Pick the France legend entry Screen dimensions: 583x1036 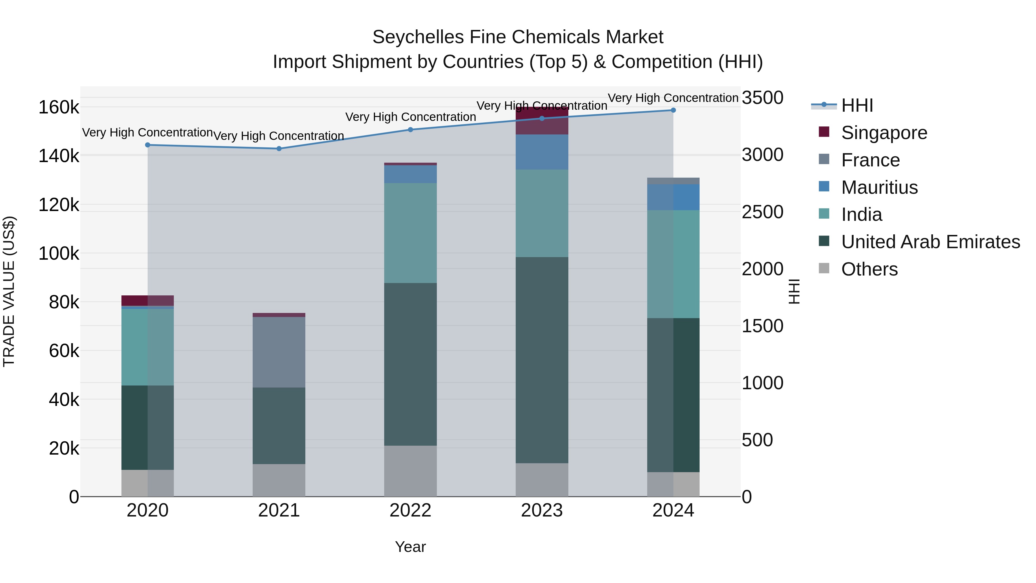pyautogui.click(x=870, y=160)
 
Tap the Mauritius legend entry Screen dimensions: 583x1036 pyautogui.click(x=879, y=187)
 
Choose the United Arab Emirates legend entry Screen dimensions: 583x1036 pyautogui.click(x=930, y=242)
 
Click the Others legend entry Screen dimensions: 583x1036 pyautogui.click(x=869, y=269)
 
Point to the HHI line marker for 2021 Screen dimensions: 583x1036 pyautogui.click(x=279, y=149)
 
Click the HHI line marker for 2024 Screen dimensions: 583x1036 pyautogui.click(x=673, y=110)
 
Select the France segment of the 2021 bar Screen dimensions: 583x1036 pyautogui.click(x=279, y=352)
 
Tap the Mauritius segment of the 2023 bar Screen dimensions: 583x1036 pyautogui.click(x=542, y=152)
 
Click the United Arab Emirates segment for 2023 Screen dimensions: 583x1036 pyautogui.click(x=542, y=360)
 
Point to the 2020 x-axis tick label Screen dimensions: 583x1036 pyautogui.click(x=148, y=510)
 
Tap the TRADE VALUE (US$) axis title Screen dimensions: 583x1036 pyautogui.click(x=9, y=291)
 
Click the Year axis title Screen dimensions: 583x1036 pyautogui.click(x=410, y=547)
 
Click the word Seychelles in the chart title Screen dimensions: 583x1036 pyautogui.click(x=418, y=37)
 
